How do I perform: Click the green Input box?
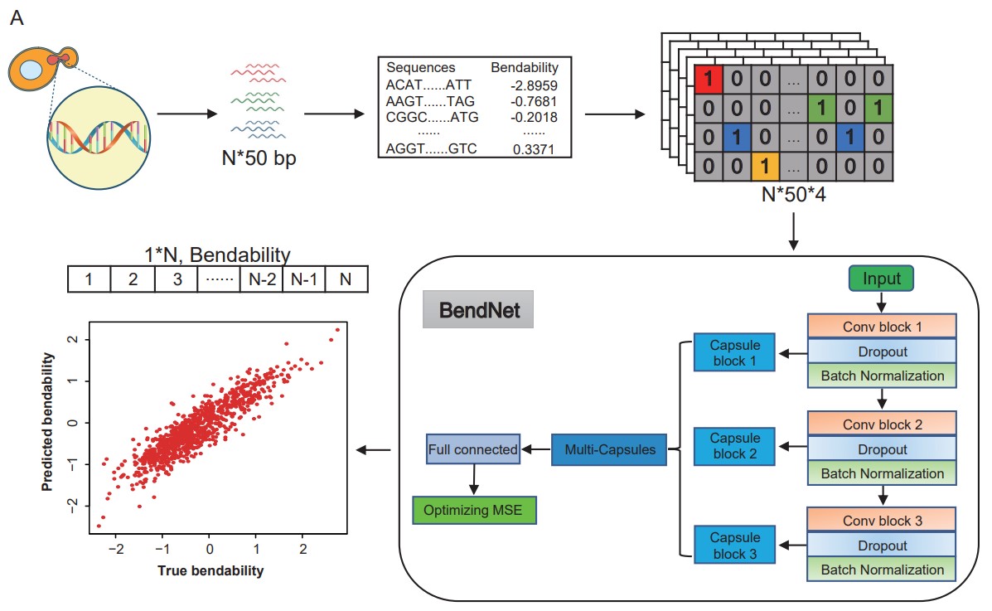click(x=881, y=279)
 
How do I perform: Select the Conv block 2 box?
click(x=883, y=424)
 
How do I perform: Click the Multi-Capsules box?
click(x=608, y=449)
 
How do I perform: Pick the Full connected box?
click(x=472, y=450)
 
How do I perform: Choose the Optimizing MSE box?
click(x=474, y=509)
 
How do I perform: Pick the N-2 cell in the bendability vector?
click(x=259, y=280)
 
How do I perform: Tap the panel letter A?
click(x=17, y=17)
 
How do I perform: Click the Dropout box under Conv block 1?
click(x=883, y=352)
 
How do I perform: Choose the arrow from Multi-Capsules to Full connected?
click(x=535, y=449)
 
